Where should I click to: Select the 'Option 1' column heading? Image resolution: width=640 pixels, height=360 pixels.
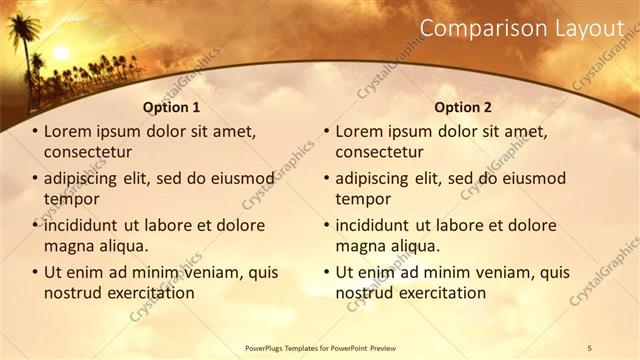[171, 107]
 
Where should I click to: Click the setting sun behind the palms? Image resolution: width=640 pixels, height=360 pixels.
[61, 53]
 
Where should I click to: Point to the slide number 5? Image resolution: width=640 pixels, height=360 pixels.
[589, 346]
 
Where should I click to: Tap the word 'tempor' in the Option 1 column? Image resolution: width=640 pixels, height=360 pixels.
[72, 199]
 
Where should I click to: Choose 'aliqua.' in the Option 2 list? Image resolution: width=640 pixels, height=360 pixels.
[413, 246]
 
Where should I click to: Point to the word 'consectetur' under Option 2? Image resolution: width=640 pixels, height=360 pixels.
[379, 152]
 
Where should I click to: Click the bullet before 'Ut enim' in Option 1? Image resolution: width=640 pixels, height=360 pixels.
[35, 272]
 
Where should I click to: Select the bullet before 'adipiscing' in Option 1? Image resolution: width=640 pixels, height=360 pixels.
[35, 179]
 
